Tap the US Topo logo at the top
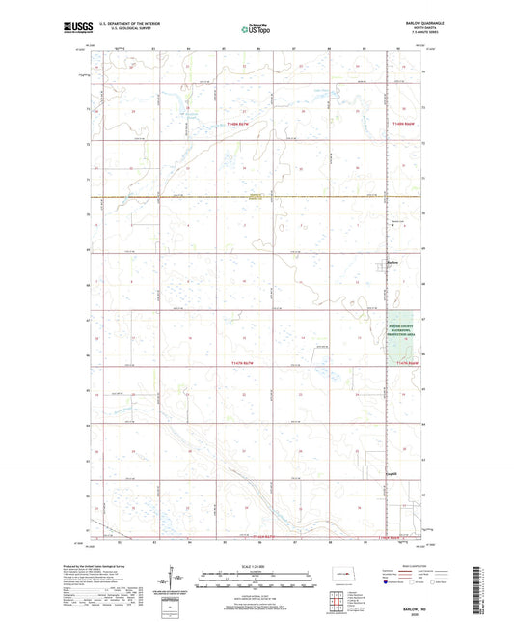(256, 30)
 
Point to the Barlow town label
(392, 261)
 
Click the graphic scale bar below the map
(257, 582)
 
